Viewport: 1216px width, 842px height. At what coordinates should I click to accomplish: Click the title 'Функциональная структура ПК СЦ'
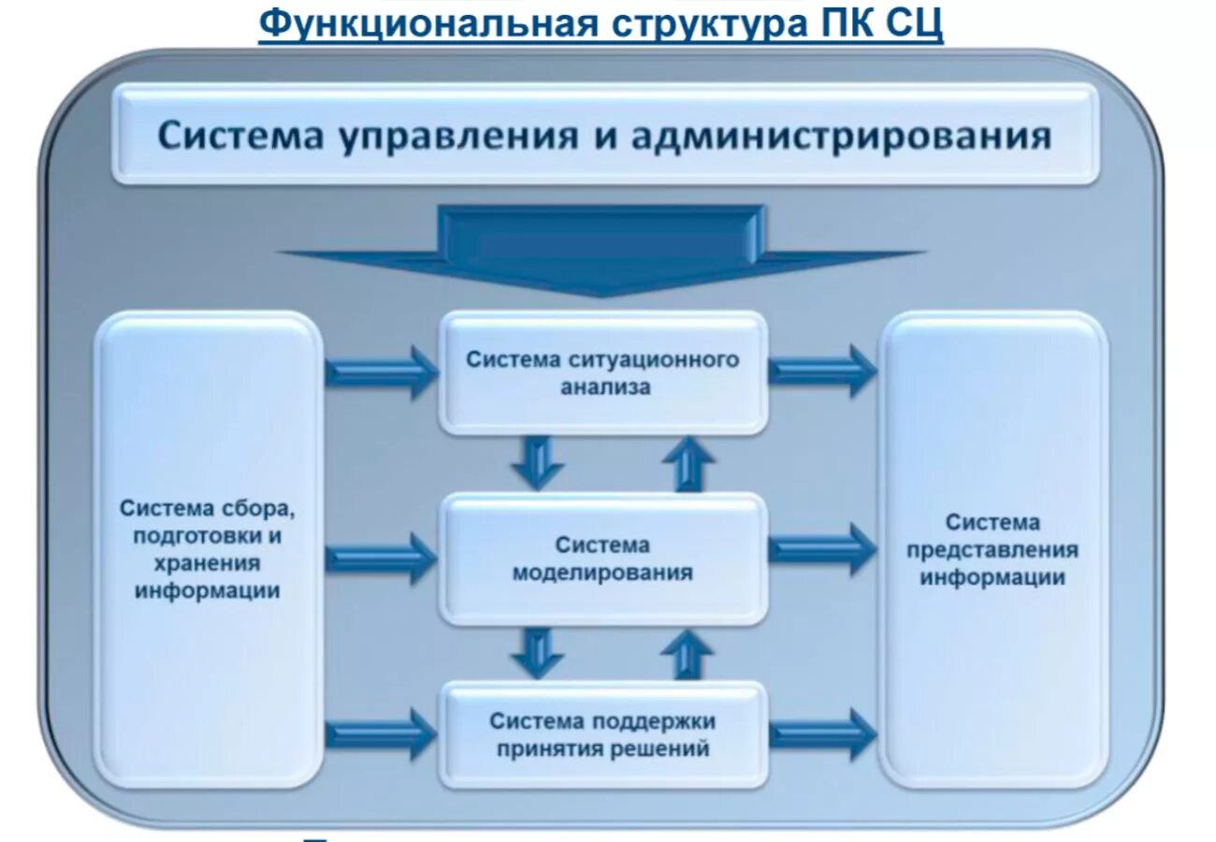pos(601,24)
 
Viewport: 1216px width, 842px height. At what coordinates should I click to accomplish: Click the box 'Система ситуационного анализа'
pos(603,373)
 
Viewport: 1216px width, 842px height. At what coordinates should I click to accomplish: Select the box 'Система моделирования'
pos(603,559)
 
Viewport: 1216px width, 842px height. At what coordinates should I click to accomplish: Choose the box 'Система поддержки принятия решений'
pos(603,735)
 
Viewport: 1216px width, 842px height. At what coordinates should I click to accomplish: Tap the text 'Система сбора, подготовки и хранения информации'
pos(208,549)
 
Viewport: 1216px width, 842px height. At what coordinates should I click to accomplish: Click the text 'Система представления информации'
pos(992,549)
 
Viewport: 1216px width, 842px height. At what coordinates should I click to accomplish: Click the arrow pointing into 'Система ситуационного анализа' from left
pos(382,371)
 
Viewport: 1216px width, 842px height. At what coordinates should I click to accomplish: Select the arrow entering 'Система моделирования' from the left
pos(382,559)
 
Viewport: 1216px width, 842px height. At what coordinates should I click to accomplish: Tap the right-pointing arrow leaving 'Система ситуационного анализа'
pos(822,370)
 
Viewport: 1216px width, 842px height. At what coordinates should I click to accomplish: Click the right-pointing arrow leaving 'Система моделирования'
pos(822,549)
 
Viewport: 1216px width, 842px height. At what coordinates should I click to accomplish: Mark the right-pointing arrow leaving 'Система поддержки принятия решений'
pos(822,734)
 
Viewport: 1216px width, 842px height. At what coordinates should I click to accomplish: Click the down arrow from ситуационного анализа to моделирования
pos(538,462)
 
